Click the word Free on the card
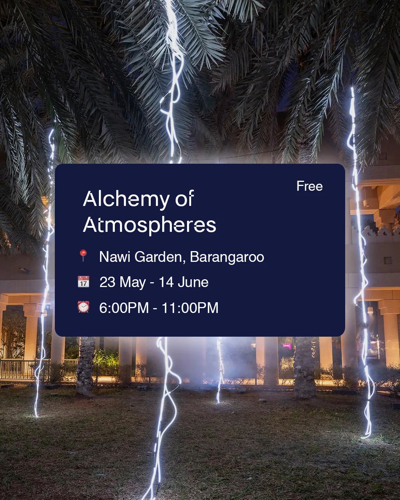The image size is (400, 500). (x=310, y=186)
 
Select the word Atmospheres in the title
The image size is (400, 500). (x=150, y=226)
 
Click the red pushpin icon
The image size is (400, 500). (x=83, y=256)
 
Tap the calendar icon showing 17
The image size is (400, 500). (x=83, y=281)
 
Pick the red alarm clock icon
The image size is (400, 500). (x=83, y=307)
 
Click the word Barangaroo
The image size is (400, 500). (x=227, y=257)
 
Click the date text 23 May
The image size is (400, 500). (x=123, y=283)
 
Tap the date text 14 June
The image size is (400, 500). (x=184, y=282)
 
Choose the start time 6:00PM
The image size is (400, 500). (x=124, y=308)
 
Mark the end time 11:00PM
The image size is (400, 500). (x=190, y=308)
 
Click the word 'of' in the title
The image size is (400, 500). (x=184, y=199)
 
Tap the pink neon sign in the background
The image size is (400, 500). (x=287, y=346)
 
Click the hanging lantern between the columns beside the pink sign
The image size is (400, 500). (x=370, y=310)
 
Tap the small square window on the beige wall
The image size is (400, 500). (x=387, y=260)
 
